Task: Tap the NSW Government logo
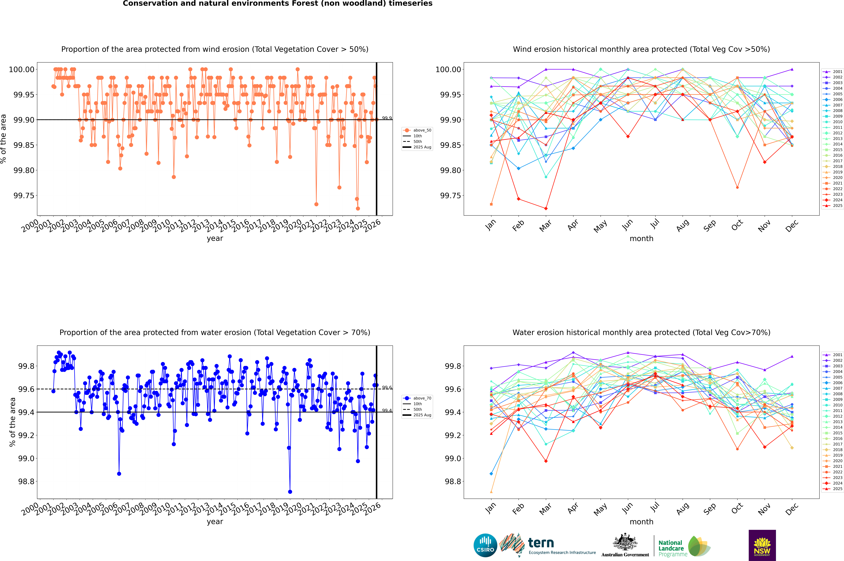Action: click(762, 545)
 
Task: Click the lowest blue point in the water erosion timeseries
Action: click(290, 492)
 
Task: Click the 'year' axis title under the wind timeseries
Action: click(215, 238)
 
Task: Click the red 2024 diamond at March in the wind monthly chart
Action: click(546, 208)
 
